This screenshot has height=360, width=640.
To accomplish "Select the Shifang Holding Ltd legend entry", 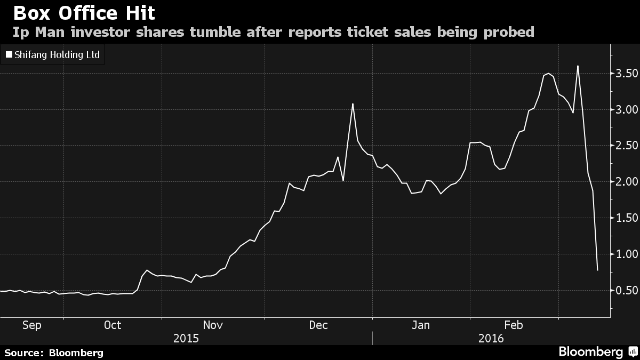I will (x=53, y=54).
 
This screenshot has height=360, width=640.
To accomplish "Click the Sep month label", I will (x=31, y=325).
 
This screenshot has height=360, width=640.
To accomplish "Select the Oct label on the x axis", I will (x=113, y=325).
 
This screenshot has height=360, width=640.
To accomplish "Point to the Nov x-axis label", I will (x=213, y=325).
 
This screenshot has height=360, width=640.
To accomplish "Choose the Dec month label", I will (x=318, y=325).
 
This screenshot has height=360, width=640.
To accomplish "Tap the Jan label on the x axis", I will (x=421, y=325).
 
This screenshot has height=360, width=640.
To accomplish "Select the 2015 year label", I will (x=186, y=338).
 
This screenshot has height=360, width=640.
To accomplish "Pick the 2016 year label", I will (x=491, y=338).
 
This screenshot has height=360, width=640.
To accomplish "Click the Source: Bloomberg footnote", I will (x=54, y=353).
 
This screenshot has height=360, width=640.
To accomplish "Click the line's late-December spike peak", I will (x=353, y=104).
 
